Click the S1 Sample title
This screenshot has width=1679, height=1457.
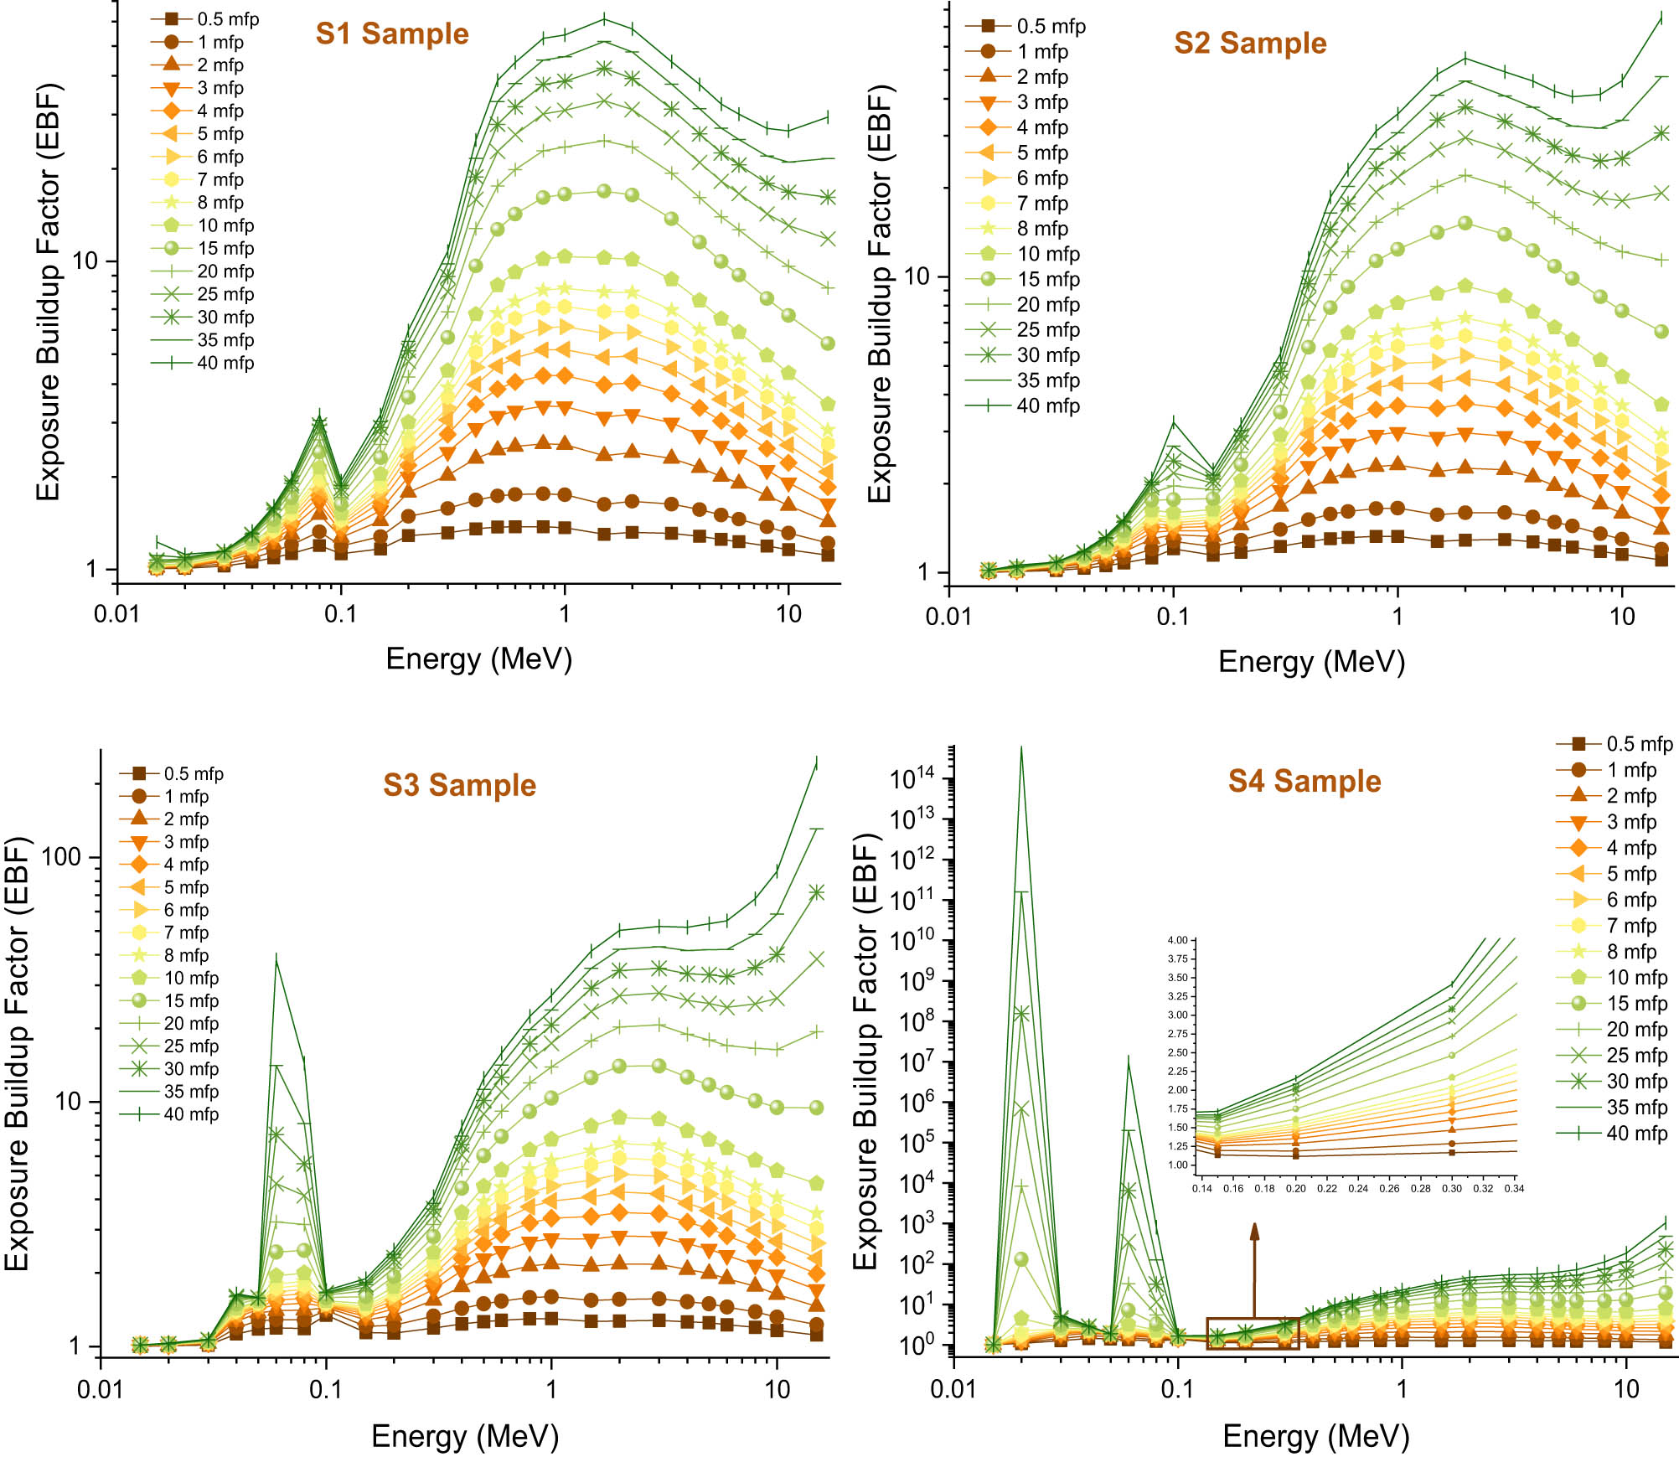pyautogui.click(x=391, y=34)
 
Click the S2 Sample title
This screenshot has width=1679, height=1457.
pyautogui.click(x=1249, y=43)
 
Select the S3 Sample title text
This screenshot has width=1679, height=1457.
pyautogui.click(x=459, y=785)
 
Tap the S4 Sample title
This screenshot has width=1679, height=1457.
pyautogui.click(x=1304, y=781)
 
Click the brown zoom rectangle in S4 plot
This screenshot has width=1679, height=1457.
pyautogui.click(x=1253, y=1333)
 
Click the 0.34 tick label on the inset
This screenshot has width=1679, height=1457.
pyautogui.click(x=1513, y=1188)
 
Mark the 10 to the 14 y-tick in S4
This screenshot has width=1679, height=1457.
pyautogui.click(x=911, y=779)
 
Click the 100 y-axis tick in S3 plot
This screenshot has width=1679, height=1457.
pyautogui.click(x=60, y=856)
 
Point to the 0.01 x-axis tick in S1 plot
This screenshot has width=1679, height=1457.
pyautogui.click(x=116, y=614)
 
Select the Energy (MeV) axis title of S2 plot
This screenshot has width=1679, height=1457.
pyautogui.click(x=1310, y=662)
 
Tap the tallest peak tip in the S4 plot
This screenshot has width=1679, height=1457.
pyautogui.click(x=1020, y=748)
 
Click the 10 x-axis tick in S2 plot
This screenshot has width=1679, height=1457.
pyautogui.click(x=1621, y=617)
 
